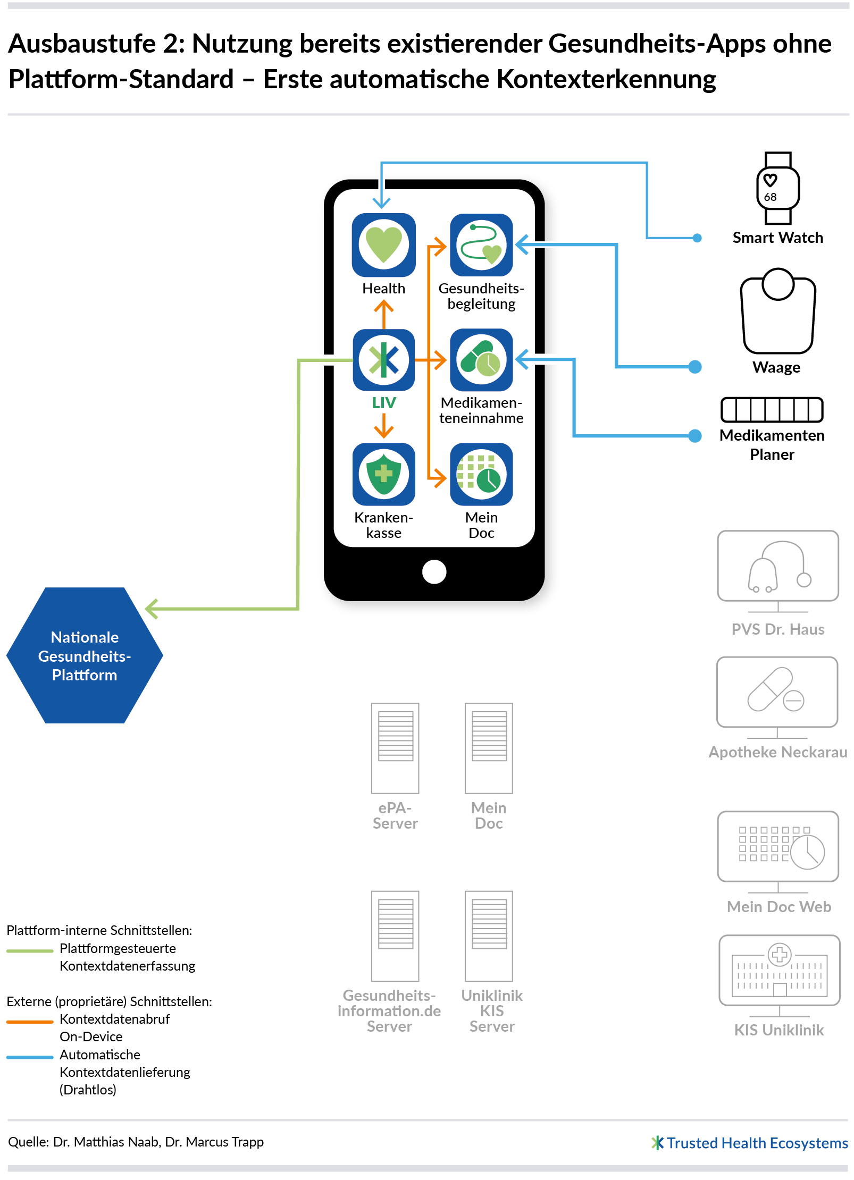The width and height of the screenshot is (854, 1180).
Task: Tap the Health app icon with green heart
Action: click(383, 245)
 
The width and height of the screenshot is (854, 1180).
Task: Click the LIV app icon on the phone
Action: click(383, 360)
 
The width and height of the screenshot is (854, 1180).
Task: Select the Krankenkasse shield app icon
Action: click(383, 474)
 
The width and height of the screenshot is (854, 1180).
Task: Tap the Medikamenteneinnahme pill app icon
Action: click(481, 360)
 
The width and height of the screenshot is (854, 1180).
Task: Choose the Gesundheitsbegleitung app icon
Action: click(481, 245)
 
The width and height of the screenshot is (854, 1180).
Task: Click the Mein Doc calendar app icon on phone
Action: click(481, 474)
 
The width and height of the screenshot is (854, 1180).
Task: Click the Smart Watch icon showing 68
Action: click(777, 188)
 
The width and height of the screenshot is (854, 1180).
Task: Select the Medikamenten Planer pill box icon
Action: click(772, 410)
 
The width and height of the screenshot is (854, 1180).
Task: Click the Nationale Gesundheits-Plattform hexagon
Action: click(85, 655)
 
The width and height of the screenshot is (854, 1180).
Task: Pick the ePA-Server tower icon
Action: click(395, 748)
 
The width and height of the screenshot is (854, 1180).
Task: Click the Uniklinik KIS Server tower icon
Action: click(489, 935)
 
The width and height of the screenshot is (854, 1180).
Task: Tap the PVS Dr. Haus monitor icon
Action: click(777, 571)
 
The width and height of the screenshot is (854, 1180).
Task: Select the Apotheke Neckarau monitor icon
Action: click(777, 697)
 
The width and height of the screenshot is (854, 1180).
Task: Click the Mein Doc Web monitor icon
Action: click(778, 851)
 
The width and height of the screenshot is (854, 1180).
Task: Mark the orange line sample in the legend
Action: click(30, 1022)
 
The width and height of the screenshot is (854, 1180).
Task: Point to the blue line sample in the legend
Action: click(30, 1057)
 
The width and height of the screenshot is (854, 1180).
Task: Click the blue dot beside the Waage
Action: click(694, 367)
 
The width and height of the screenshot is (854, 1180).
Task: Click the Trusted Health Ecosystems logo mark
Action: click(657, 1143)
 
